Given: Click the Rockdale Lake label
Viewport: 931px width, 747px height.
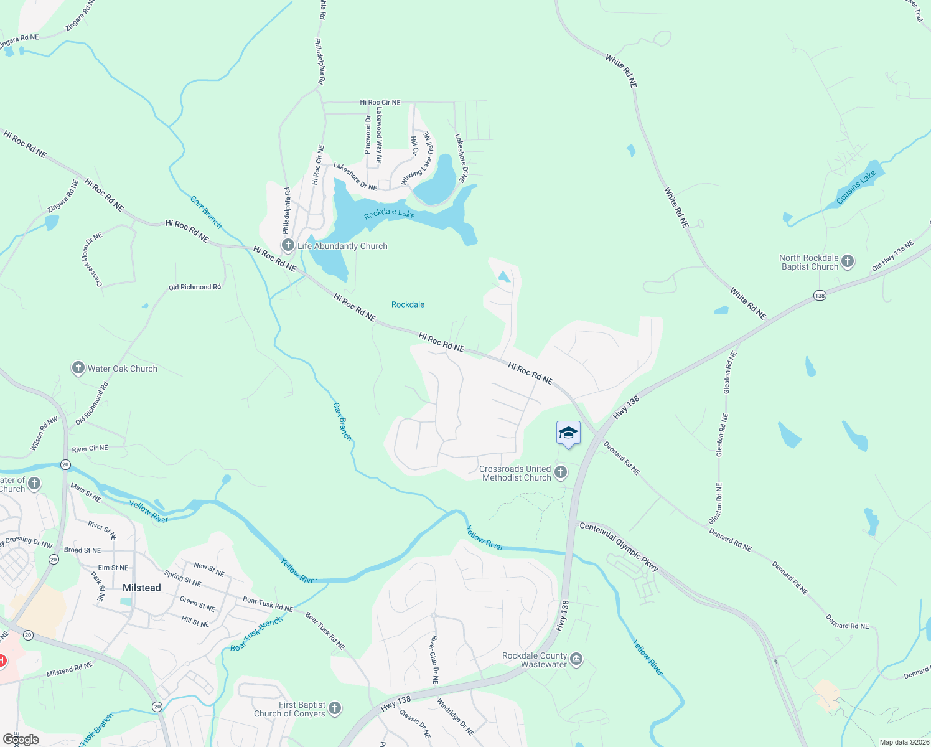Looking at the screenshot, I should tap(390, 214).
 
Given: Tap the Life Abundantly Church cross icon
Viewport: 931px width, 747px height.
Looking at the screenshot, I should tap(288, 245).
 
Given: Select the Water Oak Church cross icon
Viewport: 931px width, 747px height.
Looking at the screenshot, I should tap(78, 368).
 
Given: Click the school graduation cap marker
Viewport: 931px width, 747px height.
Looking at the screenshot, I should tap(568, 433).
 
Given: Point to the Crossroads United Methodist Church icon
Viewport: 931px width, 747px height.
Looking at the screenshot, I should tap(560, 472).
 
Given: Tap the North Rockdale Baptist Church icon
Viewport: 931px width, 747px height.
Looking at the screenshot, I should tap(848, 262).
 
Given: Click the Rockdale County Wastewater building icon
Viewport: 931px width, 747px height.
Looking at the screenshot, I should tap(576, 659).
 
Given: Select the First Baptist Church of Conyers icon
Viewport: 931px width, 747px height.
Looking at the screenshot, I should tap(335, 708).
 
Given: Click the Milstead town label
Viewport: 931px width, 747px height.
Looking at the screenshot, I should tap(141, 588).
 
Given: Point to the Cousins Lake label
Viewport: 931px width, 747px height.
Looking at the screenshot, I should tap(856, 187).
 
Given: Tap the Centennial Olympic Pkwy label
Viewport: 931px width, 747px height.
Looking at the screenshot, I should tap(619, 547).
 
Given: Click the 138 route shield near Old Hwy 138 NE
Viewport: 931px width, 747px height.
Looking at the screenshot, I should tap(820, 296).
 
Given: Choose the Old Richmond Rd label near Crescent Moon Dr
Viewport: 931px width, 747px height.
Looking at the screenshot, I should tap(195, 287).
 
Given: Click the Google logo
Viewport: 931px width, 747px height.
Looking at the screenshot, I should tap(21, 740).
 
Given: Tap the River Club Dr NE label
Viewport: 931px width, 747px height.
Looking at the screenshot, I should tap(434, 660).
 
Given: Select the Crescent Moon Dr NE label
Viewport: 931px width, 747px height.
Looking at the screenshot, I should tap(92, 260).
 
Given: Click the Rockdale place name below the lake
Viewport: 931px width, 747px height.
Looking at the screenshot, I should tap(408, 304).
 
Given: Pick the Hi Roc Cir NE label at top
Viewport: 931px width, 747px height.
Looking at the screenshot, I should tap(380, 102).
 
